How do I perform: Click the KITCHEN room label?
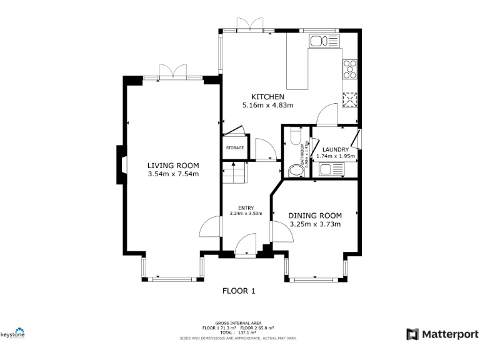click(x=267, y=97)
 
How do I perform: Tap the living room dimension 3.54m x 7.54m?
click(x=173, y=174)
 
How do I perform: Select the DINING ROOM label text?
click(x=315, y=216)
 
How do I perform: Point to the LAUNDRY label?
click(x=336, y=149)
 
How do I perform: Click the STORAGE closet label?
click(x=234, y=148)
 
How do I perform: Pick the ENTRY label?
click(x=246, y=207)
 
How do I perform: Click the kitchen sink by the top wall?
click(x=324, y=42)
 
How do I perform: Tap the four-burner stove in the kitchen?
click(x=349, y=67)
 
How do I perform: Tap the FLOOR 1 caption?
click(x=239, y=291)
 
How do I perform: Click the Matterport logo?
click(x=442, y=334)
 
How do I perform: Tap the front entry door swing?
click(x=246, y=244)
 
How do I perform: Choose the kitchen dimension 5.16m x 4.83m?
click(x=267, y=105)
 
